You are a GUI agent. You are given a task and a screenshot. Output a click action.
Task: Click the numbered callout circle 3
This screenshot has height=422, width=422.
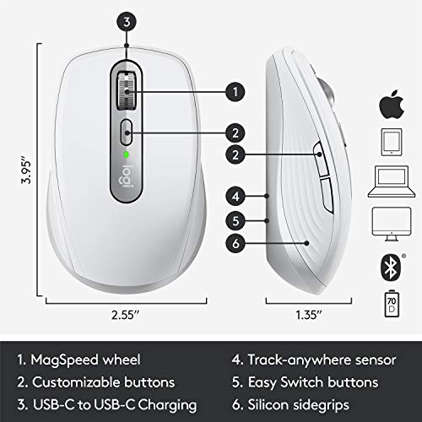tap(127, 22)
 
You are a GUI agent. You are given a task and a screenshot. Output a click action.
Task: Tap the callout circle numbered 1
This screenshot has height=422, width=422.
tap(235, 92)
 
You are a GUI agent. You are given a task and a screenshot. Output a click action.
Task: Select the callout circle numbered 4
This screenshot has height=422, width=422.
tap(235, 197)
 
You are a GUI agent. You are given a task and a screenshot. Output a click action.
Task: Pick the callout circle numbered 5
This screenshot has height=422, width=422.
tap(235, 221)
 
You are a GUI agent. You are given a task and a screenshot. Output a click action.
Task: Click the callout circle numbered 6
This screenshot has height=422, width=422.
tap(235, 243)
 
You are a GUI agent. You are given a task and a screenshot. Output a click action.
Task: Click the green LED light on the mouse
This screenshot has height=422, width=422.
tap(127, 154)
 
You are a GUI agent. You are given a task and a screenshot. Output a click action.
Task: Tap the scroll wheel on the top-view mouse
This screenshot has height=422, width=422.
tap(127, 91)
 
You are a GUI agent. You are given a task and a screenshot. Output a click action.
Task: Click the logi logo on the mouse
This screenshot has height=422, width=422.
tap(126, 177)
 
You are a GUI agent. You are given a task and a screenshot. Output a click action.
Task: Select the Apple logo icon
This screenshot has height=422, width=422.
tap(392, 105)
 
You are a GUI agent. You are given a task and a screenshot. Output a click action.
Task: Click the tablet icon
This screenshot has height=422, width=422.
tap(392, 143)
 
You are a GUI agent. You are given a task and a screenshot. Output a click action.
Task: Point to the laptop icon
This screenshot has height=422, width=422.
tap(392, 181)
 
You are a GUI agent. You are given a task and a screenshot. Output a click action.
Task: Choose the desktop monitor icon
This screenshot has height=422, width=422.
tap(392, 224)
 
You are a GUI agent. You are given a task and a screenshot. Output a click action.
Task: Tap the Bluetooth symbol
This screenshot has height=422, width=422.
tap(391, 268)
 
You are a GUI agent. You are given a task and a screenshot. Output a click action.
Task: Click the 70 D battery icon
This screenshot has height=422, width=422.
tap(392, 304)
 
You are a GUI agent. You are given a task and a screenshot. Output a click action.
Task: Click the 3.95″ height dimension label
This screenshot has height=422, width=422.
tap(27, 169)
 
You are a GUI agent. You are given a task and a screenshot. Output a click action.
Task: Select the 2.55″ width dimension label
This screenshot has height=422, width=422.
tap(126, 315)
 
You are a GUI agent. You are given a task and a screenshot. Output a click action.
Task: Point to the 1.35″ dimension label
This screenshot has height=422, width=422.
tap(309, 315)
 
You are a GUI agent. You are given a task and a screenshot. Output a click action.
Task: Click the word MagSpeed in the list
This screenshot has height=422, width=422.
tap(65, 360)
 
